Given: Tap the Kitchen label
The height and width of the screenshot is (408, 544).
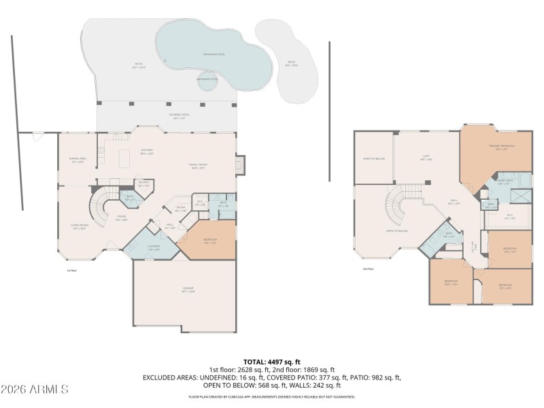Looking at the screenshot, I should (x=146, y=151).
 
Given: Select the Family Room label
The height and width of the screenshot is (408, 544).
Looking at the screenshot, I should (x=198, y=166).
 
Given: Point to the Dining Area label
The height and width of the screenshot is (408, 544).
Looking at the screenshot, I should (x=77, y=160).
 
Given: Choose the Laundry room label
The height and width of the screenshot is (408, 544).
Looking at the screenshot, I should (x=154, y=248).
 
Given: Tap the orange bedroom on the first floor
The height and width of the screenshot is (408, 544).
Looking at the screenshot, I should (x=209, y=241).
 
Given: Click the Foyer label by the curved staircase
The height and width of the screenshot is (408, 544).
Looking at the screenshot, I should (x=121, y=218).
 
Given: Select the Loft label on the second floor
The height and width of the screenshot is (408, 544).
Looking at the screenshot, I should (x=426, y=157).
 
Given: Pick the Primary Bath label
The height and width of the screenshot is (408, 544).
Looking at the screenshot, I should (x=504, y=182).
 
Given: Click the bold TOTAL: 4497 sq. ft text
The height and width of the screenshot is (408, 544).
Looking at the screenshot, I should (x=272, y=362).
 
